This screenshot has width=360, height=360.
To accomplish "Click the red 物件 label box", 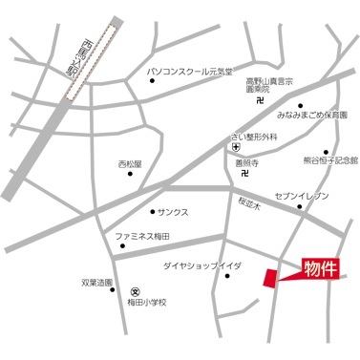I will point(321,266).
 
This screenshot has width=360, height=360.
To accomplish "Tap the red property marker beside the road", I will point(271,277).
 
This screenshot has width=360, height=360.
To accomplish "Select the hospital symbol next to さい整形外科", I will point(236,148).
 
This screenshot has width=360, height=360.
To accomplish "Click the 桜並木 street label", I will point(251,203).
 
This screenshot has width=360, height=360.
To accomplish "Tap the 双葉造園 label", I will point(95,283).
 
